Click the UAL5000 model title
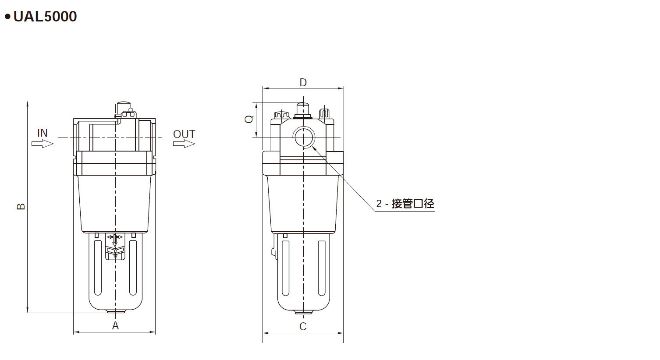(45, 17)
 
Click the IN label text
(43, 133)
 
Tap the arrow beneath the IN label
(43, 144)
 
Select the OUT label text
(184, 134)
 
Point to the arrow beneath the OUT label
(184, 144)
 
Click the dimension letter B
(21, 206)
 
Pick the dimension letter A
(115, 325)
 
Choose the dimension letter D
(303, 82)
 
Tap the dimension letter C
(303, 326)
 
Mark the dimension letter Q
(249, 119)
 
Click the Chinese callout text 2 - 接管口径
(405, 204)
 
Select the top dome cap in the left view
(124, 106)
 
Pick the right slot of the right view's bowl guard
(322, 267)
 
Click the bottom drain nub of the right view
(303, 312)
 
